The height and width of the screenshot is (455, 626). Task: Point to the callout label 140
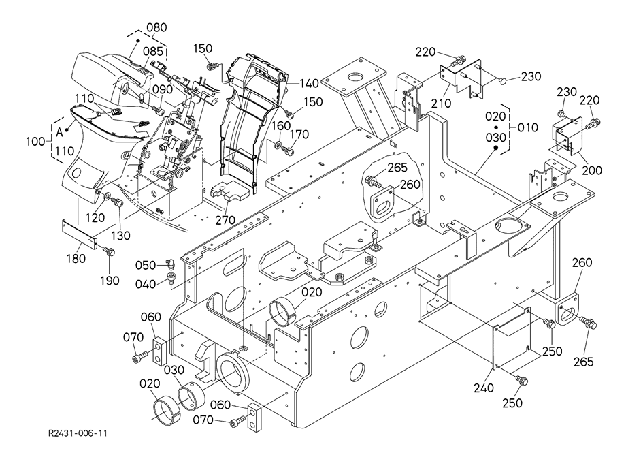(x=309, y=83)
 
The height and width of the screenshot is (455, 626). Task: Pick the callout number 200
(x=591, y=170)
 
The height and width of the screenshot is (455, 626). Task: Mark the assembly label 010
(x=528, y=127)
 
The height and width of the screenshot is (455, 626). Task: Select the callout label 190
(x=110, y=280)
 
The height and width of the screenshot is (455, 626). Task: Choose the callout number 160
(x=282, y=126)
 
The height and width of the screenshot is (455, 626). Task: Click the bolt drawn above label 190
(x=109, y=252)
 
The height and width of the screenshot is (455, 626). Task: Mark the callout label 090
(x=163, y=89)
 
